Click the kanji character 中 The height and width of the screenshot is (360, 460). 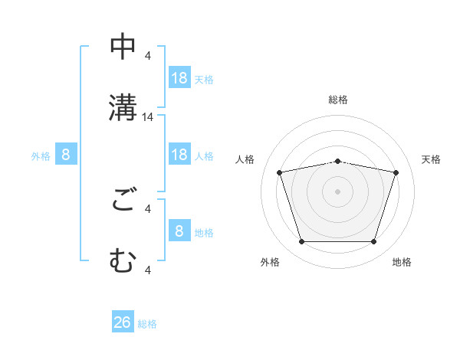click(123, 48)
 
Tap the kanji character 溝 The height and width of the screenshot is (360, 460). click(123, 106)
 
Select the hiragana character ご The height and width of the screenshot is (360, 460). click(123, 202)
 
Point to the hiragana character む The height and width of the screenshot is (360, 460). click(123, 260)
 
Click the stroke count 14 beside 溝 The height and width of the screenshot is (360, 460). click(148, 117)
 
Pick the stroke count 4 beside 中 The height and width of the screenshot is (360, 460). click(148, 55)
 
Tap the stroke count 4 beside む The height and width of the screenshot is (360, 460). click(148, 269)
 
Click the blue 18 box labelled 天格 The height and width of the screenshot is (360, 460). click(179, 78)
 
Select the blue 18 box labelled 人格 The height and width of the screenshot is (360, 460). click(179, 155)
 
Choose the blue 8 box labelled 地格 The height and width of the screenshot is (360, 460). click(179, 231)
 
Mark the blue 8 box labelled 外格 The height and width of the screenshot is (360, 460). click(66, 155)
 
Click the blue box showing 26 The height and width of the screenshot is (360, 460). click(123, 322)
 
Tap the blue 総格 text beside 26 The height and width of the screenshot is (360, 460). click(147, 324)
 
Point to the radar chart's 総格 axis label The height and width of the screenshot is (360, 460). click(338, 100)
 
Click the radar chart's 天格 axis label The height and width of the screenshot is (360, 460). click(431, 159)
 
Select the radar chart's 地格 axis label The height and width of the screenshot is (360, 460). click(402, 262)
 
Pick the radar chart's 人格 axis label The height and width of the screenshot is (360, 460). click(245, 159)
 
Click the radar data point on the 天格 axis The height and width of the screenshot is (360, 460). click(396, 172)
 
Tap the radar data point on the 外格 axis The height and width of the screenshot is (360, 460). click(301, 242)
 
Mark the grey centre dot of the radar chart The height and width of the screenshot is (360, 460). click(338, 191)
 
